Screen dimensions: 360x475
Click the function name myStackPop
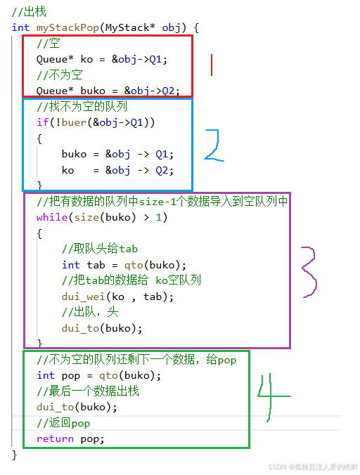[x=67, y=28]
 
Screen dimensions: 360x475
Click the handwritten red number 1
[x=212, y=65]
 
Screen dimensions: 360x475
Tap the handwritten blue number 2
[x=214, y=145]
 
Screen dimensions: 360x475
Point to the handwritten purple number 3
[x=309, y=272]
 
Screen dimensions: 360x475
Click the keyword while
[x=52, y=217]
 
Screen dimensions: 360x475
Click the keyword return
[x=55, y=438]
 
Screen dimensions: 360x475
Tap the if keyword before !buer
[x=42, y=122]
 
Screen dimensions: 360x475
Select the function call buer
[x=74, y=122]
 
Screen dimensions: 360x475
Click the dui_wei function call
[x=84, y=297]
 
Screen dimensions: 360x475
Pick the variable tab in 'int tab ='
[x=96, y=265]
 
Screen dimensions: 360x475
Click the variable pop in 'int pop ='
[x=70, y=376]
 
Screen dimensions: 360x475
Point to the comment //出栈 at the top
[x=29, y=12]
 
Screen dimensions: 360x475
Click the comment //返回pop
[x=63, y=423]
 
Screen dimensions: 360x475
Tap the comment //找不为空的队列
[x=82, y=107]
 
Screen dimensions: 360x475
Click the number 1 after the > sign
[x=158, y=217]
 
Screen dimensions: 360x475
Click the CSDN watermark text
[x=313, y=467]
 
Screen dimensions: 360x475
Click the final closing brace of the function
[x=14, y=455]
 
